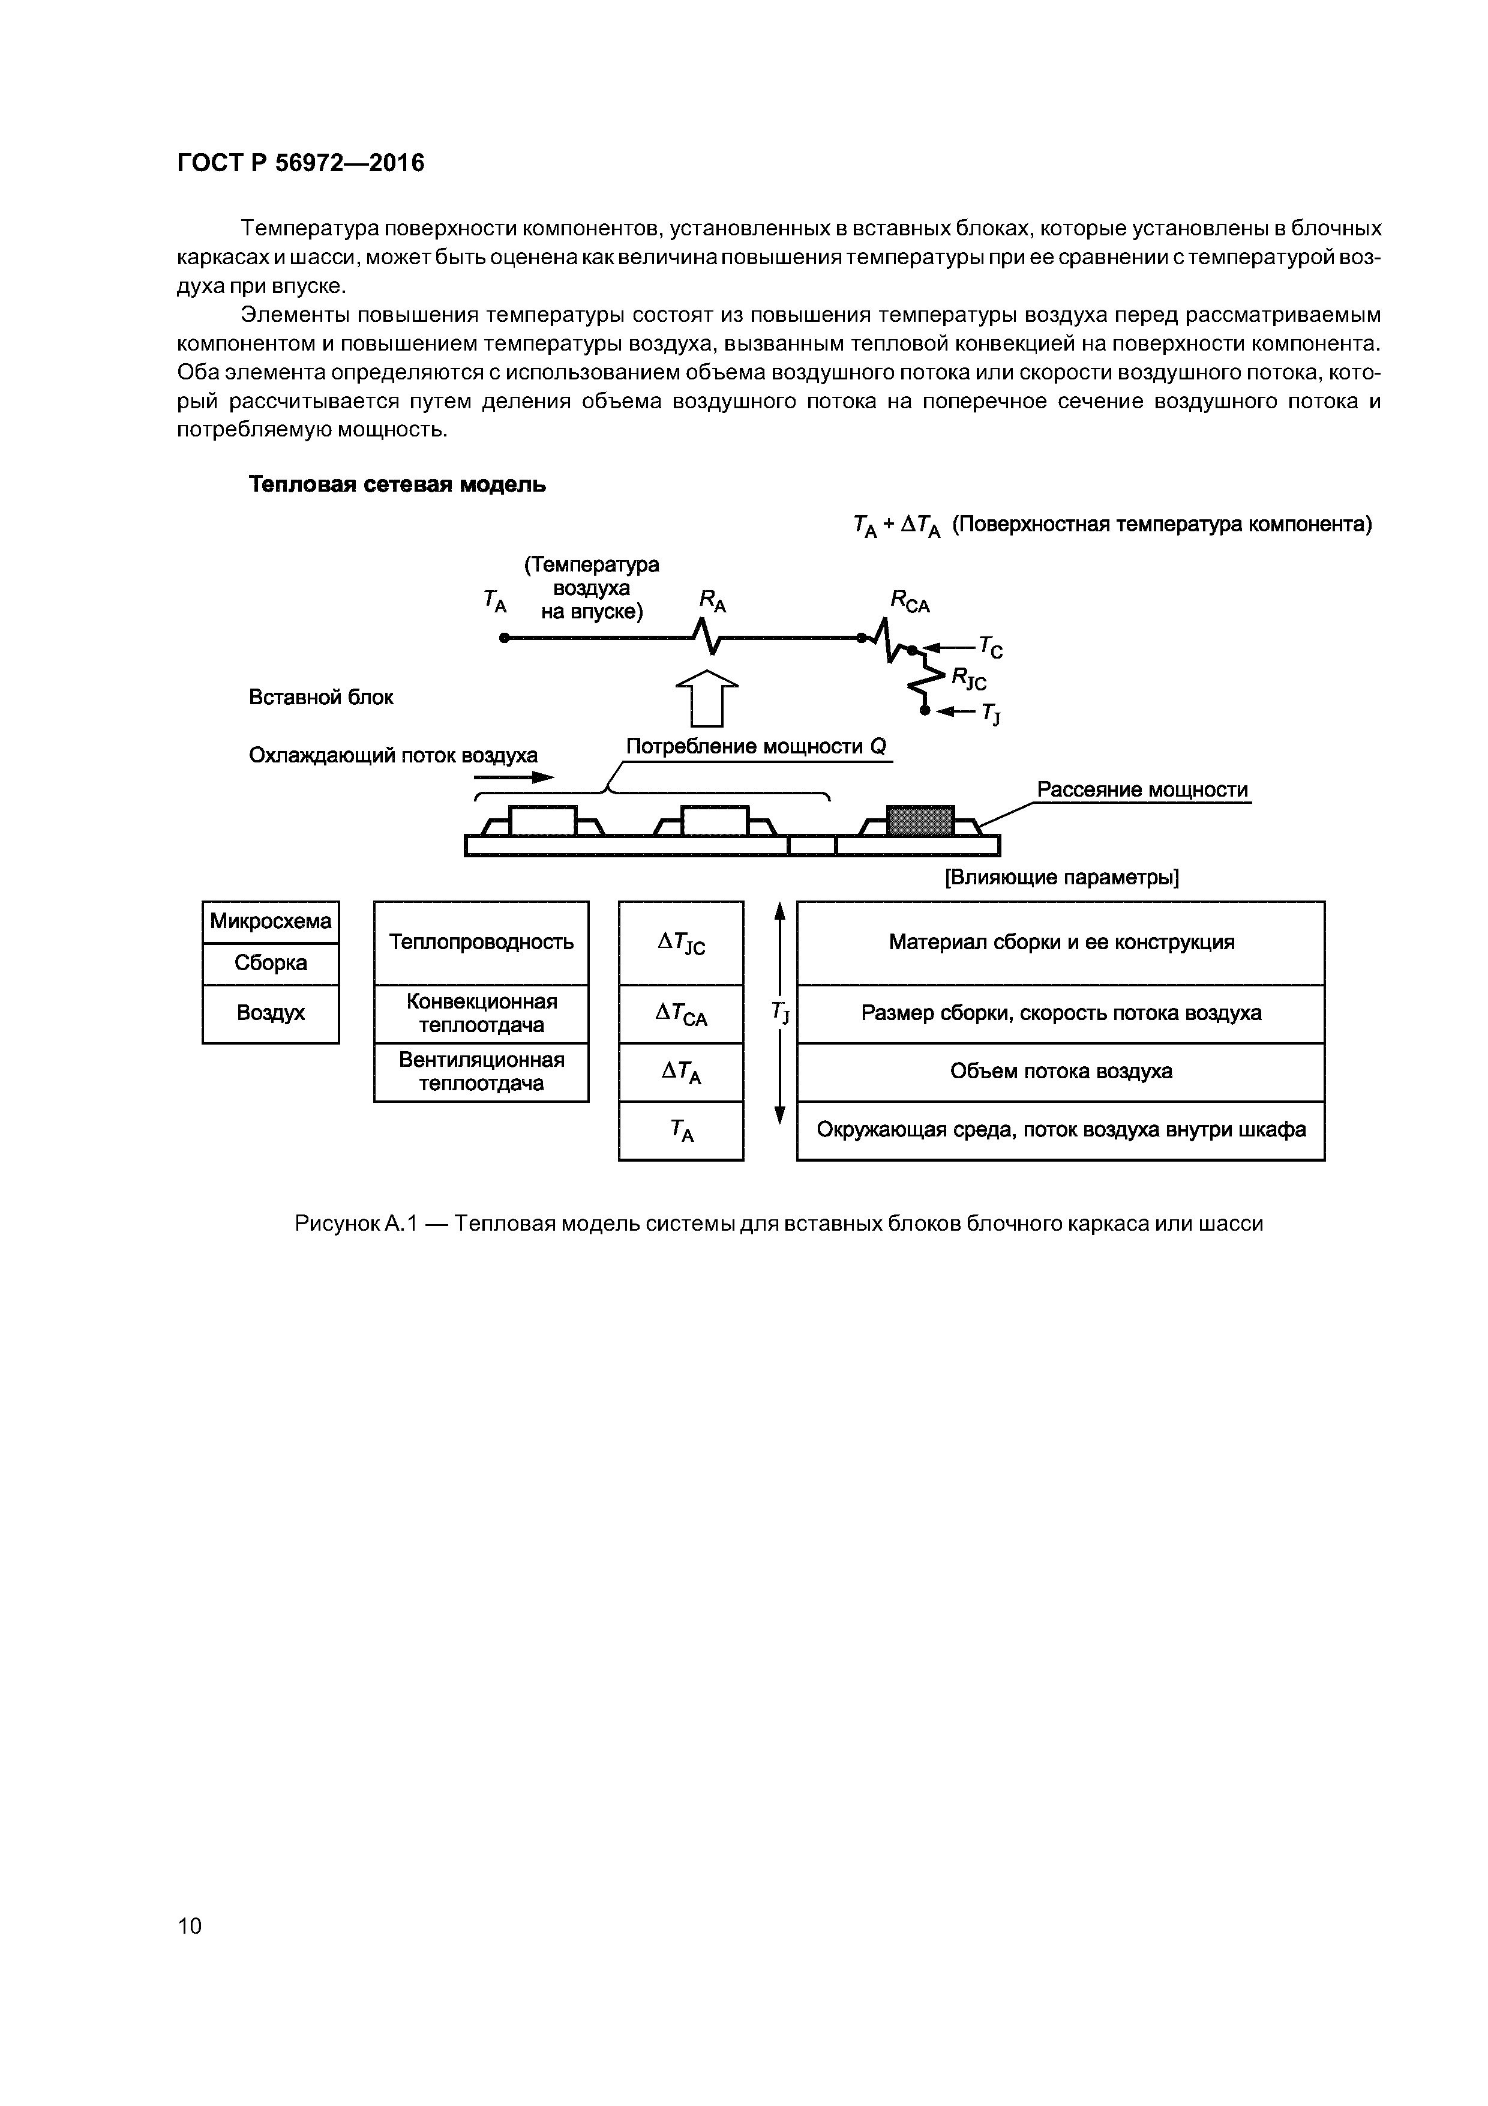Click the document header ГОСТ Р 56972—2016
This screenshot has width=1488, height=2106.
301,163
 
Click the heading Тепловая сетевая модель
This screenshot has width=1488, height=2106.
397,484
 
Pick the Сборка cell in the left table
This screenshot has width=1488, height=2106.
271,963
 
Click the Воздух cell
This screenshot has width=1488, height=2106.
271,1013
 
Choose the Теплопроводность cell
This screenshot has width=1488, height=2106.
481,942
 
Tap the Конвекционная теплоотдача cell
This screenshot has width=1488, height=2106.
481,1013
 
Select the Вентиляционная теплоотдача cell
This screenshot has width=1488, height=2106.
481,1072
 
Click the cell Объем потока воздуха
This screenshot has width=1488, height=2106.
1061,1072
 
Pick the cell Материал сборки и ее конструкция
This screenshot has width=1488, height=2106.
1061,942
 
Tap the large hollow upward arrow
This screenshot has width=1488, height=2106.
706,698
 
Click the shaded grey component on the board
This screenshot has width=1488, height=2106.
920,820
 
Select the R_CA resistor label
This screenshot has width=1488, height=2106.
910,602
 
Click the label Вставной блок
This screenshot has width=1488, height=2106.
321,697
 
